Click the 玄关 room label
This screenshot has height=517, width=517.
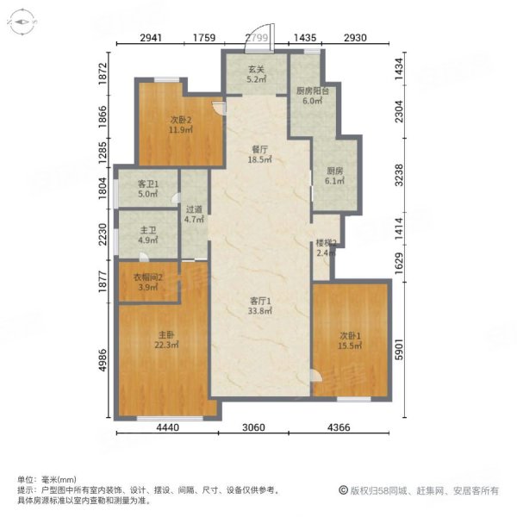pyautogui.click(x=256, y=70)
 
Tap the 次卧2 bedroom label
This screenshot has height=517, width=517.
pyautogui.click(x=181, y=120)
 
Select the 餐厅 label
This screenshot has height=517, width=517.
pyautogui.click(x=259, y=150)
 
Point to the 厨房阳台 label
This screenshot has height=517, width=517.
pyautogui.click(x=313, y=91)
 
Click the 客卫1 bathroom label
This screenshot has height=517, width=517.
pyautogui.click(x=147, y=184)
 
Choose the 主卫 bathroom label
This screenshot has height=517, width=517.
pyautogui.click(x=147, y=230)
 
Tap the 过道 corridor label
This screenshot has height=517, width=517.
pyautogui.click(x=194, y=209)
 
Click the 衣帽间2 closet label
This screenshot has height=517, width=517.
pyautogui.click(x=147, y=277)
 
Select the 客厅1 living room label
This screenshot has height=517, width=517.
pyautogui.click(x=260, y=301)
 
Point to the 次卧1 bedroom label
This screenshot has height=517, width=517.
pyautogui.click(x=350, y=336)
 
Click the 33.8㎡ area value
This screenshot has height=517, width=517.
pyautogui.click(x=260, y=310)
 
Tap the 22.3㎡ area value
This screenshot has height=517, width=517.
pyautogui.click(x=166, y=345)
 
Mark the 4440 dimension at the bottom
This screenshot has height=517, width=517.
pyautogui.click(x=167, y=427)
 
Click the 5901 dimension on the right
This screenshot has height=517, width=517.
pyautogui.click(x=399, y=350)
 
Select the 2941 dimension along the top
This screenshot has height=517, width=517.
pyautogui.click(x=151, y=38)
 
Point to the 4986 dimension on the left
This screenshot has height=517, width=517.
pyautogui.click(x=103, y=360)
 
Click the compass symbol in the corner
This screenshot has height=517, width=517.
pyautogui.click(x=22, y=22)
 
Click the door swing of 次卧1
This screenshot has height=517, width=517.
pyautogui.click(x=316, y=375)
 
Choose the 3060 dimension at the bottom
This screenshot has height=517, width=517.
pyautogui.click(x=253, y=427)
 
